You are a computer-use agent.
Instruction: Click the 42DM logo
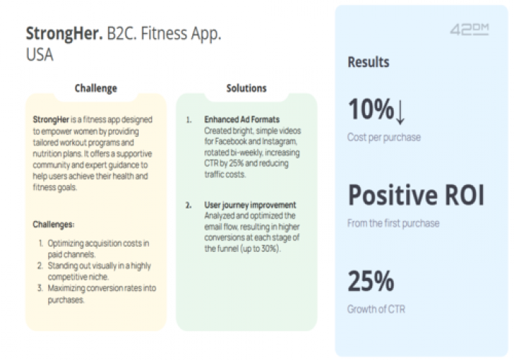point(469,30)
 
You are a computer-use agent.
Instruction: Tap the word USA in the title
point(40,54)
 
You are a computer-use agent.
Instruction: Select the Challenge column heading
point(96,89)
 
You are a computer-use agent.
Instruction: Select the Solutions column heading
point(246,89)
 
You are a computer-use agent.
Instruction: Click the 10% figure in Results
point(370,111)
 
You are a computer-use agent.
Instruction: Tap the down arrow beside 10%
point(401,112)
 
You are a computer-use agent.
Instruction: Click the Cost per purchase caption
point(384,137)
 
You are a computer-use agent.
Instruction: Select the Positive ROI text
point(416,195)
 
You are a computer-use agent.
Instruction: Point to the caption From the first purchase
point(393,223)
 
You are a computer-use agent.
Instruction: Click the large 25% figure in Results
point(371,282)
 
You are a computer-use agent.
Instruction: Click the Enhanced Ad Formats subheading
point(242,118)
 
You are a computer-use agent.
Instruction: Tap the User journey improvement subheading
point(250,205)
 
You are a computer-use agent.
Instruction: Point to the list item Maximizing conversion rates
point(99,294)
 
